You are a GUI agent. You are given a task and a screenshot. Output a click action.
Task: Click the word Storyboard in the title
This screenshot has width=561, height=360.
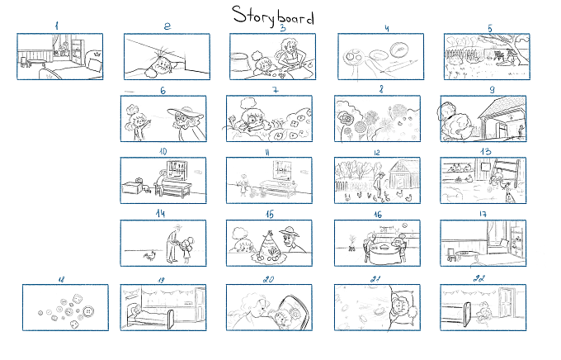273,17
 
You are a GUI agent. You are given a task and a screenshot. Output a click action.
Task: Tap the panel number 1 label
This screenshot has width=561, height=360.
57,26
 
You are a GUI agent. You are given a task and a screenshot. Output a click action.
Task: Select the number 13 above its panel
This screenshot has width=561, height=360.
485,152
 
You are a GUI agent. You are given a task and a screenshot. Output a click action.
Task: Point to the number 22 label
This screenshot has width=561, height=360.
479,278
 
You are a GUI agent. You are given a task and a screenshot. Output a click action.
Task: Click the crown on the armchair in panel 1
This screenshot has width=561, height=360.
96,54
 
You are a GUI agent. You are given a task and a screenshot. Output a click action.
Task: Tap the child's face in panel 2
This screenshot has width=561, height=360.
163,65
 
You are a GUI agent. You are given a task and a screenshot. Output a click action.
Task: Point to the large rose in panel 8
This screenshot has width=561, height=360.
347,119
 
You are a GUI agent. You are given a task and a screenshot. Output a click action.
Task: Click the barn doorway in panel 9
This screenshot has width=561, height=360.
504,129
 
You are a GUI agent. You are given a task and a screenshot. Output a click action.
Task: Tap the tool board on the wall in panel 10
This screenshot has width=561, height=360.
177,170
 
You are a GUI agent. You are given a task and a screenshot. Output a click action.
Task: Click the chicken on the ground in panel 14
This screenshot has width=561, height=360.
150,255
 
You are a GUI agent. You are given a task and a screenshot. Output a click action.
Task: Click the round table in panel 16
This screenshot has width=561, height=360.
384,252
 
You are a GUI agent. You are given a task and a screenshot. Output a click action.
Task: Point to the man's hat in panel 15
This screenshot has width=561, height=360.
289,231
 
